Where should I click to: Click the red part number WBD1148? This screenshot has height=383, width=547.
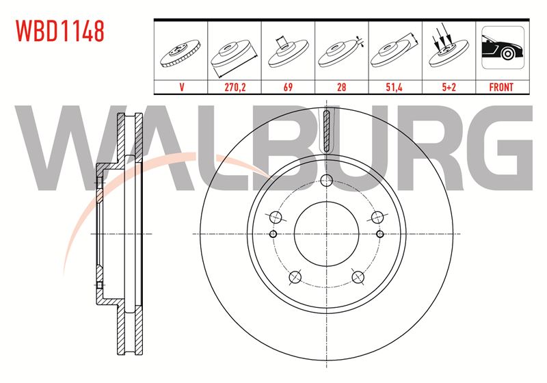click(60, 31)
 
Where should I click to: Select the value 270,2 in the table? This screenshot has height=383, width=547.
click(235, 87)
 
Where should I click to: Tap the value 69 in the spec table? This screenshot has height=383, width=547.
click(288, 87)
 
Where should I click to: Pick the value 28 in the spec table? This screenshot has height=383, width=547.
click(341, 87)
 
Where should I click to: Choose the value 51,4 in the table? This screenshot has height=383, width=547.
click(395, 87)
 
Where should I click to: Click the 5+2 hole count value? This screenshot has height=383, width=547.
click(449, 87)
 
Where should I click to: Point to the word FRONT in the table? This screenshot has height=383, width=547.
click(501, 87)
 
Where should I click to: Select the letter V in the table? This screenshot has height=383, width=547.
click(181, 87)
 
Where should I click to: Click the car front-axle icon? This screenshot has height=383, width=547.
click(503, 47)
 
